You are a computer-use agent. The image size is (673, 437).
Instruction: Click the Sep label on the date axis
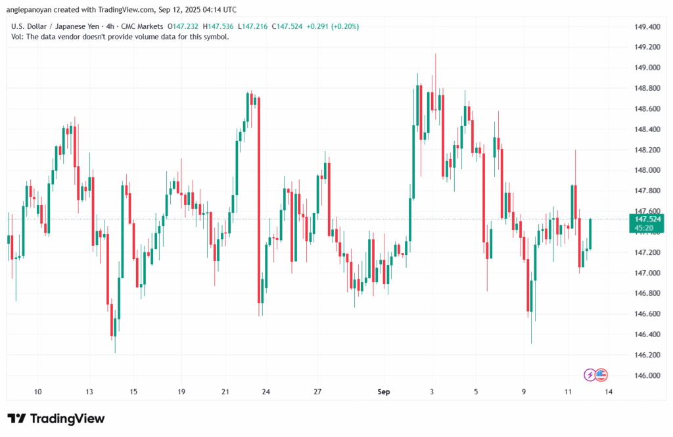pyautogui.click(x=384, y=392)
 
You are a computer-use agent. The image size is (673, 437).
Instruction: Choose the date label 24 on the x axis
pyautogui.click(x=266, y=392)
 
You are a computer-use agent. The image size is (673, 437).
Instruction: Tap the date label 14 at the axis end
pyautogui.click(x=609, y=392)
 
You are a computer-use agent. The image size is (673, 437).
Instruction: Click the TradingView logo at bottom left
pyautogui.click(x=56, y=419)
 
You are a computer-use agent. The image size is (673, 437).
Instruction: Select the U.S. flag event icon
pyautogui.click(x=601, y=375)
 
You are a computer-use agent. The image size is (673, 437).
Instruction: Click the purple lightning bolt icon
pyautogui.click(x=590, y=375)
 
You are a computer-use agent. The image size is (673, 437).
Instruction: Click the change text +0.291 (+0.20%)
pyautogui.click(x=336, y=26)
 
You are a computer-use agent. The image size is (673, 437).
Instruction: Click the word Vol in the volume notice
pyautogui.click(x=18, y=37)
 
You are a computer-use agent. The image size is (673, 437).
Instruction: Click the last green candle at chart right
pyautogui.click(x=590, y=234)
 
